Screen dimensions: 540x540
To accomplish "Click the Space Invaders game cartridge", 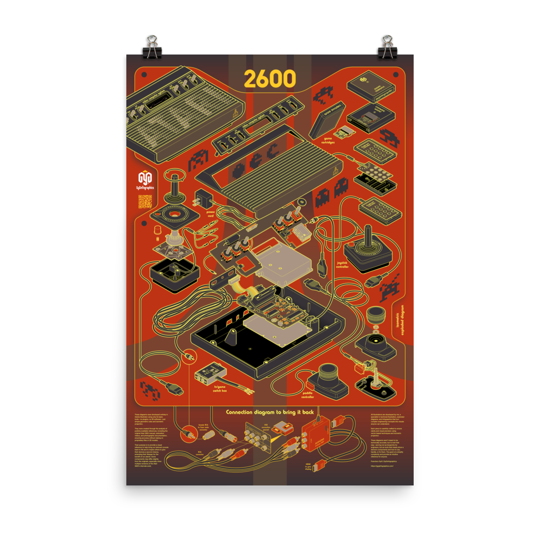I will pyautogui.click(x=328, y=120).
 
